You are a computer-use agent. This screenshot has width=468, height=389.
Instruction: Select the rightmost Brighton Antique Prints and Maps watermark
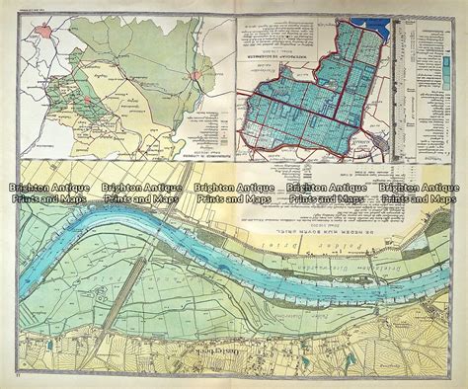tap(420, 193)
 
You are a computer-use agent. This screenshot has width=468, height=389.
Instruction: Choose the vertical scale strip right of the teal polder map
tap(391, 89)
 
